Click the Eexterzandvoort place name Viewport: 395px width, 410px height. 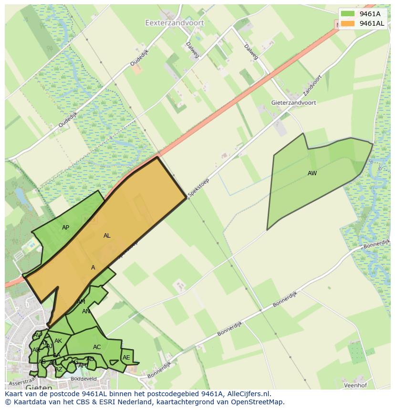(174, 22)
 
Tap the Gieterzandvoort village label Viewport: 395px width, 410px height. (293, 102)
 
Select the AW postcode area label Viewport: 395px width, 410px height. (312, 173)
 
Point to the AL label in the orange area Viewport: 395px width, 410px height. (107, 236)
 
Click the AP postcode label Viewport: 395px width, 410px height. (66, 228)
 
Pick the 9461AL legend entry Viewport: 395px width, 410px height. (372, 23)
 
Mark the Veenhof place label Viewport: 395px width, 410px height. (356, 385)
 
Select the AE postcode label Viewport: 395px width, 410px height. (126, 358)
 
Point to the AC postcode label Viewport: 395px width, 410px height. (97, 347)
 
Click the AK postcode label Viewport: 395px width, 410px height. (58, 341)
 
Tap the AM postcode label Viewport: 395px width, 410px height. (81, 302)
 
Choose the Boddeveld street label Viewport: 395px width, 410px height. (83, 379)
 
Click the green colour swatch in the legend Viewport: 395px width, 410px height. (348, 14)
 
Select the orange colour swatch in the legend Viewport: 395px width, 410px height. (348, 23)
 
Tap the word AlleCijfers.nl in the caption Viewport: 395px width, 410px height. (249, 394)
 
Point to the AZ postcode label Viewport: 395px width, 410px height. (59, 370)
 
